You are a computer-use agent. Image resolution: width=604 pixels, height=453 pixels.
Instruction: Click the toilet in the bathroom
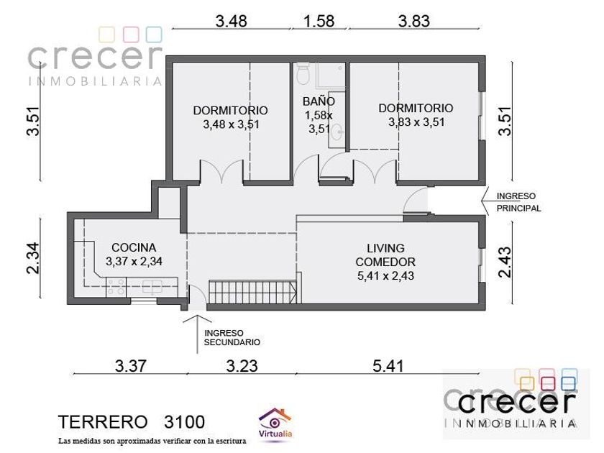pos(303,73)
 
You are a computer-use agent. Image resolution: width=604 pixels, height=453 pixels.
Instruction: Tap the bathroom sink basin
pos(338,132)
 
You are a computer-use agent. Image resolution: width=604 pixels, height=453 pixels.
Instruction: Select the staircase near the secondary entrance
pos(252,292)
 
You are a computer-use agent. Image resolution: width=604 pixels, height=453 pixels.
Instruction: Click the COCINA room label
pos(134,247)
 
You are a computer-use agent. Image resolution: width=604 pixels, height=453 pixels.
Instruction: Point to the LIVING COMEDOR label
pos(385,255)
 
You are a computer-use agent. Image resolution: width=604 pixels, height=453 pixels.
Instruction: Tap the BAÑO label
pos(319,101)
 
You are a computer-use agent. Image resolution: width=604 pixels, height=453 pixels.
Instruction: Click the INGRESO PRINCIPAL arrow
pos(485,201)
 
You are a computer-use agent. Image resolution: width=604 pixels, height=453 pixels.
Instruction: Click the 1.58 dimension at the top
pos(319,21)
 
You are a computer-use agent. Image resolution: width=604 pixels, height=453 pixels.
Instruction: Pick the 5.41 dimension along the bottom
pos(388,365)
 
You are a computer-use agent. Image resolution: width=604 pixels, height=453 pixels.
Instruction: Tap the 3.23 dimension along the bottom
pos(242,365)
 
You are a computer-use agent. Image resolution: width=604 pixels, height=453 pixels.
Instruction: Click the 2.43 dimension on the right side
pos(505,262)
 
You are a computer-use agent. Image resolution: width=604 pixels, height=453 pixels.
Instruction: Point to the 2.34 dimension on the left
pos(33,257)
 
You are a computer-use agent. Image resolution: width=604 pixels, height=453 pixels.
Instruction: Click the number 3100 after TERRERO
pos(184,422)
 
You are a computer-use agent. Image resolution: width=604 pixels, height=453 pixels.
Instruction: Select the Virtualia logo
pos(275,424)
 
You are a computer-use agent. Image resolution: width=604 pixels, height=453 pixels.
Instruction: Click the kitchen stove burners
pos(116,287)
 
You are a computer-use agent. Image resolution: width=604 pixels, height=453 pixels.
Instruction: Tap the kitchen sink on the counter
pos(152,287)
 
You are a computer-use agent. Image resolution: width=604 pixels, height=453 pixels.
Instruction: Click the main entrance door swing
pos(416,200)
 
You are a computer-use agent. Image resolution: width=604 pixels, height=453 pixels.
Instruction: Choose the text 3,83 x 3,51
pos(416,122)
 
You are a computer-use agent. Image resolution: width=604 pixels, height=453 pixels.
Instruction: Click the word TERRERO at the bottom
pos(103,422)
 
